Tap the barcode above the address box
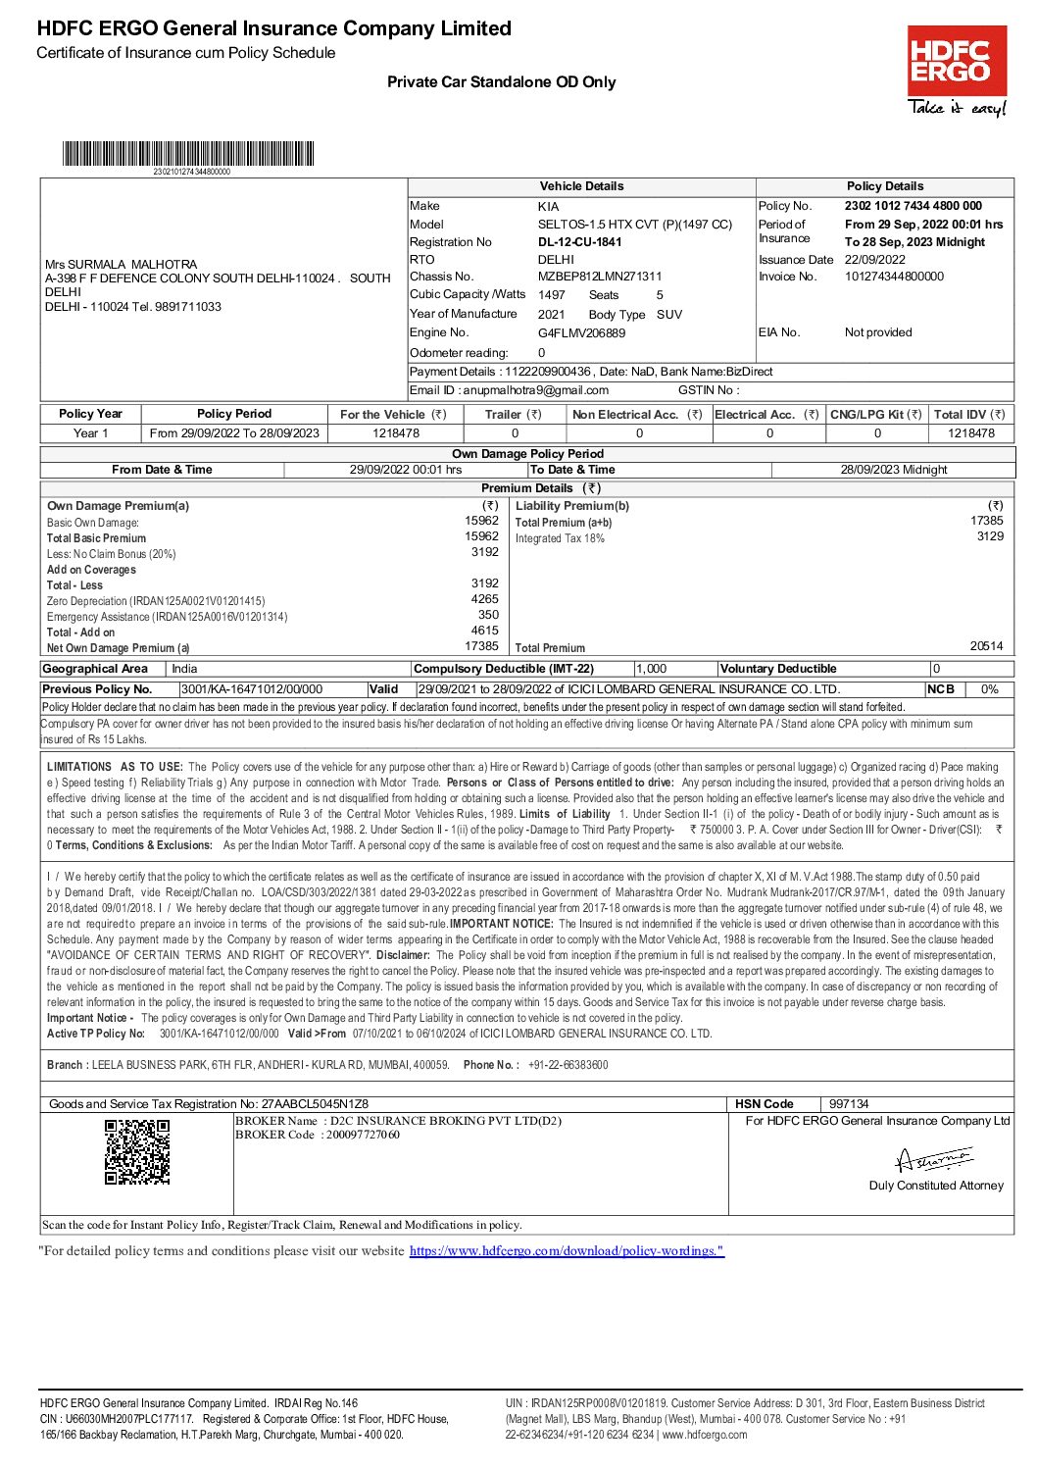188,154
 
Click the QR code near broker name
137,1151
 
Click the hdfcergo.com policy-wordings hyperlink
567,1250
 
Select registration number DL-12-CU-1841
579,242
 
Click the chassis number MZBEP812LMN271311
599,277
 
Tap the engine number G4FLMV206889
580,332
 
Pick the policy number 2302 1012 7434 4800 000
913,206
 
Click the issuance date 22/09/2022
874,260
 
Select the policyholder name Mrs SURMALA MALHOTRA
121,264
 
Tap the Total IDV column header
969,415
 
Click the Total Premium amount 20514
986,646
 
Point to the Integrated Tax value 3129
990,536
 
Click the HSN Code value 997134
849,1103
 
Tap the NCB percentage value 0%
989,689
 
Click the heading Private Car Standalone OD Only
501,82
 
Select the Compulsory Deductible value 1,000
651,669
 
